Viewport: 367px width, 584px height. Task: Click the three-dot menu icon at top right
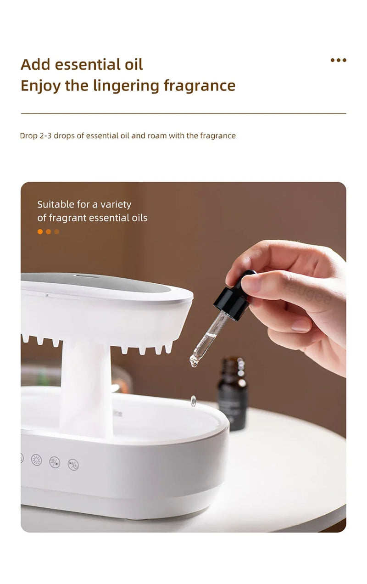point(338,60)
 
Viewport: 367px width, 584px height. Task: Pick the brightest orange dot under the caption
point(40,232)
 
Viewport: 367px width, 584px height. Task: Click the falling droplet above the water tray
point(194,400)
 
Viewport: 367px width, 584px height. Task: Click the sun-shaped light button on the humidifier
point(36,459)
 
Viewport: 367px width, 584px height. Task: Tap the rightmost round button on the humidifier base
point(73,464)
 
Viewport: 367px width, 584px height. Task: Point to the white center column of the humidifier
point(86,390)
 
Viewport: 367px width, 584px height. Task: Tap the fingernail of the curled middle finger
point(301,326)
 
